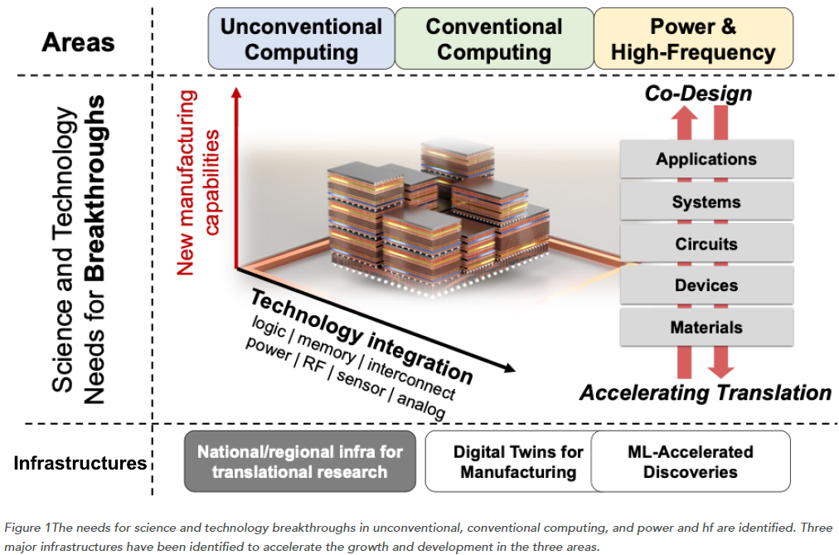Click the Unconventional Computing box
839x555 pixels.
(301, 39)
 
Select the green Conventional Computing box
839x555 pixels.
(494, 39)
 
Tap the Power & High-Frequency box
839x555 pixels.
(693, 39)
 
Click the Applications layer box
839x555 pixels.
(706, 159)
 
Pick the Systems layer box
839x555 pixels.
(706, 202)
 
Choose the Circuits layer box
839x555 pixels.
(706, 244)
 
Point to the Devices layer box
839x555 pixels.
(706, 285)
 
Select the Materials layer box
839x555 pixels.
(706, 328)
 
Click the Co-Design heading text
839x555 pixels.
(698, 93)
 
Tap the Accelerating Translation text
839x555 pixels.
(705, 392)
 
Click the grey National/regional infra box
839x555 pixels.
(299, 461)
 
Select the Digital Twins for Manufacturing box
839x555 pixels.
(507, 461)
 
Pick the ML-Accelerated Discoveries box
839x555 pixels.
(691, 461)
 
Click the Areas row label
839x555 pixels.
(78, 41)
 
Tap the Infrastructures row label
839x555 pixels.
(80, 463)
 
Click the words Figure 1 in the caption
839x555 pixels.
(26, 528)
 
